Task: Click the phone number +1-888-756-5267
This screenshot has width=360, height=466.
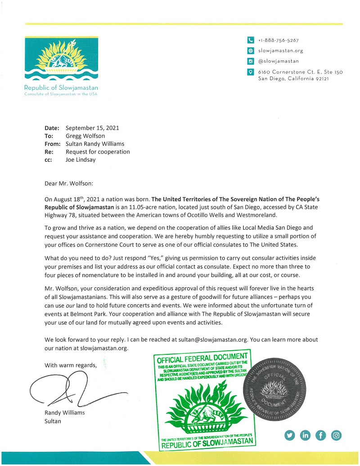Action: point(279,40)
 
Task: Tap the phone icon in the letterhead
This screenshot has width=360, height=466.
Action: point(251,40)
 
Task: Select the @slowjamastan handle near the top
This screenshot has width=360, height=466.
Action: point(279,61)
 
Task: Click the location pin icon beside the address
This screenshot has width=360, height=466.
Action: point(251,72)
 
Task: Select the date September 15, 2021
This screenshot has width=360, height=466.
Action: point(92,128)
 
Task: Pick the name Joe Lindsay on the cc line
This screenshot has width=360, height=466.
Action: point(81,160)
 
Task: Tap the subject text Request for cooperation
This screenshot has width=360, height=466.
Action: point(98,152)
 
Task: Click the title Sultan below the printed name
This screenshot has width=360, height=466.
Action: point(53,421)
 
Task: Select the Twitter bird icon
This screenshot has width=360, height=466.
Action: point(290,435)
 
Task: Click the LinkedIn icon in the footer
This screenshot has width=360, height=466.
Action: point(306,435)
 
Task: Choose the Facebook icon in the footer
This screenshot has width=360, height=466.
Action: point(321,435)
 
